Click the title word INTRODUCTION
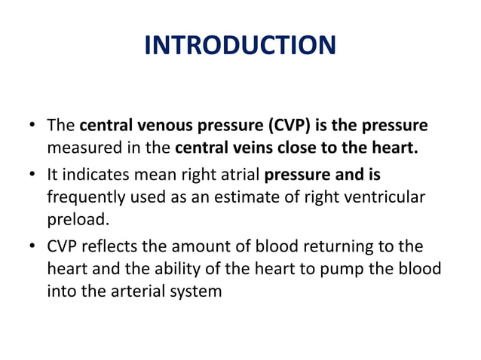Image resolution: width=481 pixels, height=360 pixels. [x=240, y=46]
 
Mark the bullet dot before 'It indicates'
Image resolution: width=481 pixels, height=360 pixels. [x=35, y=175]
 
